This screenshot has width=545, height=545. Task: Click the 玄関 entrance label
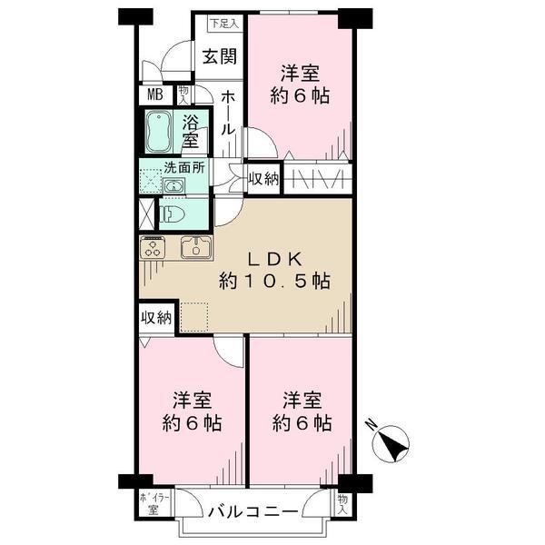coord(219,56)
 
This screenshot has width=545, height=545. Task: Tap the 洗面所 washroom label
coord(183,167)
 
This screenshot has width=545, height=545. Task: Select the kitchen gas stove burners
coord(152,247)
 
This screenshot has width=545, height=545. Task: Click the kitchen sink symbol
coord(196,247)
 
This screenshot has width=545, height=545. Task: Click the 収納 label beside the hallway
coord(263,179)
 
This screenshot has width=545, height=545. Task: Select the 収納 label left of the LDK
coord(155,317)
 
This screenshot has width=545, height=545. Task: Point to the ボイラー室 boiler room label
coord(148,503)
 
